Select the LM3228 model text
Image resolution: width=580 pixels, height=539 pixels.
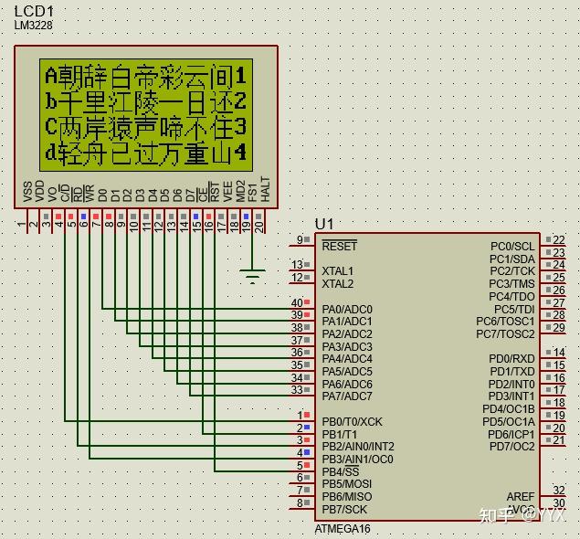34,26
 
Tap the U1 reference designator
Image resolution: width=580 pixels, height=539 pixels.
324,224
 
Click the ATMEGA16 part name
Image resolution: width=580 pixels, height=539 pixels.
343,529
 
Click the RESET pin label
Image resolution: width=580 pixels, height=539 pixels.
340,246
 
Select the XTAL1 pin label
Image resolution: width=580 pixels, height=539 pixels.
337,271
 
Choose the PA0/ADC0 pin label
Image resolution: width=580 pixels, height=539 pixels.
347,310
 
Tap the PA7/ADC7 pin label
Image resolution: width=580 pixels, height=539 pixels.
347,396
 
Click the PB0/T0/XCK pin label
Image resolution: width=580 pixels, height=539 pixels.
353,421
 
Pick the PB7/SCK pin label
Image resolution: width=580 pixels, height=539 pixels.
344,509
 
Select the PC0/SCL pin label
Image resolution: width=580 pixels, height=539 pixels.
512,246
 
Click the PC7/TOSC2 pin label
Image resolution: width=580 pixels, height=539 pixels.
506,333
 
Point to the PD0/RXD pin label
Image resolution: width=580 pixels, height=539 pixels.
512,359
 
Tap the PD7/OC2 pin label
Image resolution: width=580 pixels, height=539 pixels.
512,446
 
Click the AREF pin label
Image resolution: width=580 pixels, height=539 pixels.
521,496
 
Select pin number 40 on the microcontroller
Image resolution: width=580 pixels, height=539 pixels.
296,302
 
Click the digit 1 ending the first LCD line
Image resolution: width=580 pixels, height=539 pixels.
241,74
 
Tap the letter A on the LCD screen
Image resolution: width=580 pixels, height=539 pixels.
51,74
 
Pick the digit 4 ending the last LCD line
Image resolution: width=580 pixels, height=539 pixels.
241,152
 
